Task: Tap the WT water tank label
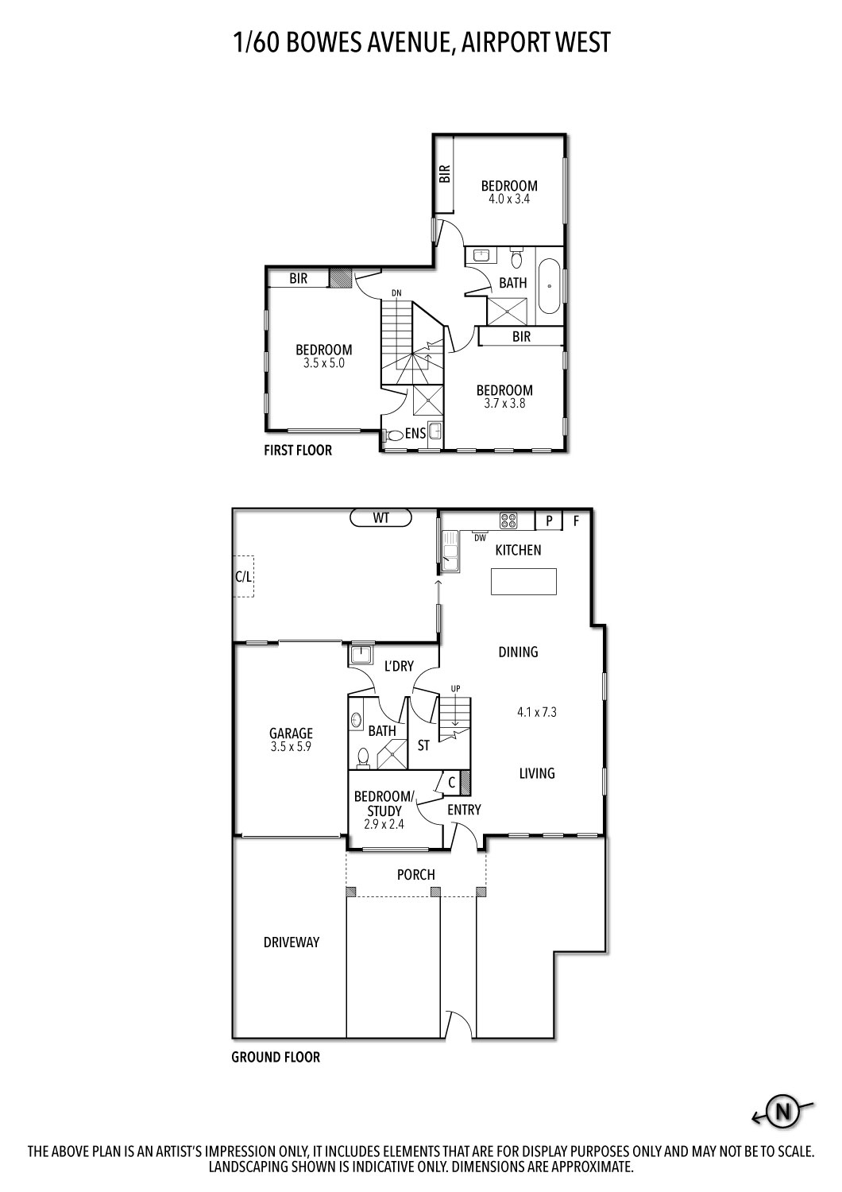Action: (x=381, y=518)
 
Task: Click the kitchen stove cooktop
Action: (x=508, y=521)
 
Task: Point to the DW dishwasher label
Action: (x=480, y=538)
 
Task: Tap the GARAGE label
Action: (x=291, y=733)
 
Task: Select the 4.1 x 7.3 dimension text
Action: (x=537, y=712)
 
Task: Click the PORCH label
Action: (x=416, y=874)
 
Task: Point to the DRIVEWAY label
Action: (x=291, y=942)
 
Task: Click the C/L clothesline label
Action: (x=243, y=579)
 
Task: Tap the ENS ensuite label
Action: (x=415, y=433)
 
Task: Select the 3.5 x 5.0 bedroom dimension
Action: (x=324, y=363)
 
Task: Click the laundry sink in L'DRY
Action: (x=361, y=655)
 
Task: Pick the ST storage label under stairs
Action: (x=423, y=745)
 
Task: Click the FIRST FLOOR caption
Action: (x=298, y=450)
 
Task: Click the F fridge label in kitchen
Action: (x=577, y=521)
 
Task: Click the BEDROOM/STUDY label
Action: (x=384, y=803)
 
